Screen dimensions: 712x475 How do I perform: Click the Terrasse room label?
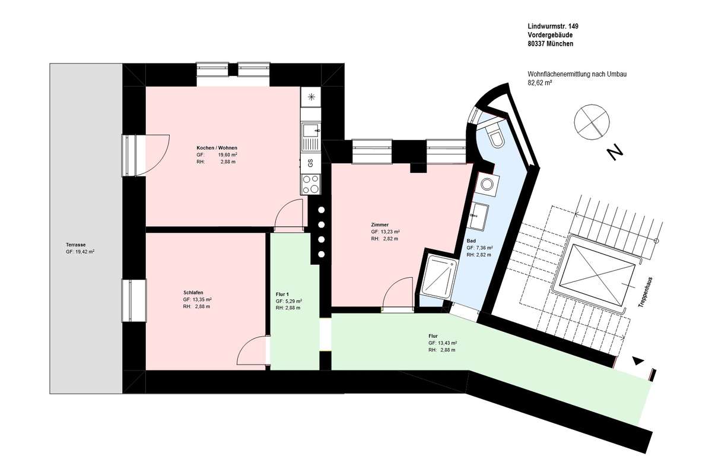tap(76, 245)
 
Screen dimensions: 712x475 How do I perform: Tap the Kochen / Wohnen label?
tap(217, 148)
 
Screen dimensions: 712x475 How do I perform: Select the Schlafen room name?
tap(193, 293)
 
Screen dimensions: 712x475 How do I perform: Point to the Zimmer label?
tap(380, 224)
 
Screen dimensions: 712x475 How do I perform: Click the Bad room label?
tap(471, 241)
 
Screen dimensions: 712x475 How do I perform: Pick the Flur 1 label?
tap(282, 294)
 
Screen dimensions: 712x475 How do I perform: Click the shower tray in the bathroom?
tap(438, 277)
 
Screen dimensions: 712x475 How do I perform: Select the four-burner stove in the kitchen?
tap(310, 184)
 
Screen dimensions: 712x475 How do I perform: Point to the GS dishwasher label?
tap(310, 163)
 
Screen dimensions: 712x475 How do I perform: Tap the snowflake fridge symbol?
tap(311, 97)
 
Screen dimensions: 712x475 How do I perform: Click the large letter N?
tap(615, 153)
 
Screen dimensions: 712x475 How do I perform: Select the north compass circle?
tap(592, 122)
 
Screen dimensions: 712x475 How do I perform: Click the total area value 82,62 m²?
tap(539, 83)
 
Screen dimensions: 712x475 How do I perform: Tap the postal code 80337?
tap(536, 44)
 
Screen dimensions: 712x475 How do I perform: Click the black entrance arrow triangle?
tap(638, 361)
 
